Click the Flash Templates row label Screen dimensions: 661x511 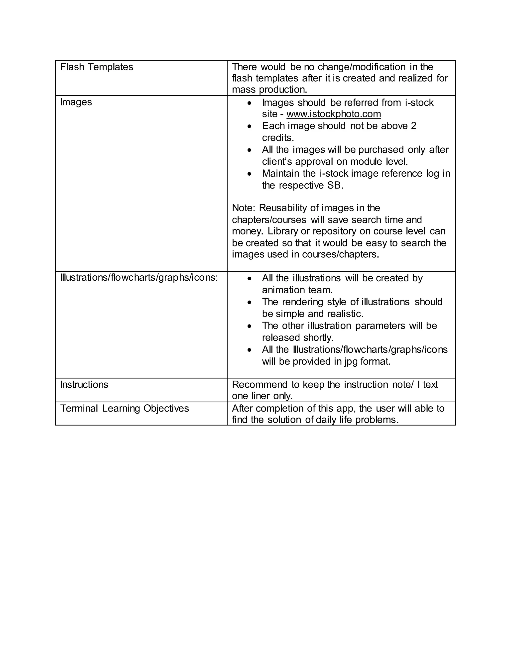[97, 67]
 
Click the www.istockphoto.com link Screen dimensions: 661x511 [333, 114]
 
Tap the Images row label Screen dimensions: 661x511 [76, 102]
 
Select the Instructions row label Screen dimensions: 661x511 [84, 385]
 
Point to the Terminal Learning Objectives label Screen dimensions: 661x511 [125, 409]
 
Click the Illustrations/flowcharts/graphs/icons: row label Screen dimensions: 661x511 [139, 278]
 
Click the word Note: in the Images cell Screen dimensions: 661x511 [244, 208]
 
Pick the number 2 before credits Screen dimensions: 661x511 [413, 126]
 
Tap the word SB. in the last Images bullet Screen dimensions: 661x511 [335, 185]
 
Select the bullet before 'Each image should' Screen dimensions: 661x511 [249, 126]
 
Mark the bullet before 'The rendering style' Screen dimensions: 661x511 [249, 302]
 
